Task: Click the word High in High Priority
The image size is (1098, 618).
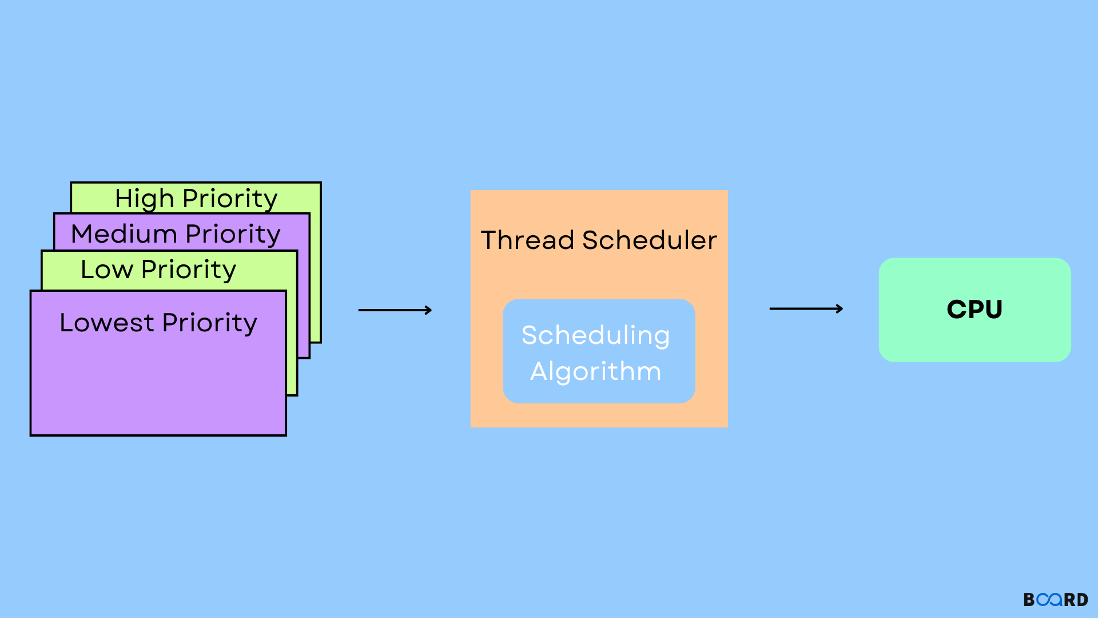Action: point(144,199)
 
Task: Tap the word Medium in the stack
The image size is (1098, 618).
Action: point(124,234)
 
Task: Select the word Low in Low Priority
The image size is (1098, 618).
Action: point(107,270)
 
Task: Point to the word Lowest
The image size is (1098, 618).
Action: point(107,323)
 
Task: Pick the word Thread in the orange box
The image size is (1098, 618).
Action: point(527,240)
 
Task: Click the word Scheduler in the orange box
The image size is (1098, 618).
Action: point(650,240)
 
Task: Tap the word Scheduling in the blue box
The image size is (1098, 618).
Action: point(595,336)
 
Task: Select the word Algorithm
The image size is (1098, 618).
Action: point(595,371)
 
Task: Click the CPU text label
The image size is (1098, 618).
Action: point(974,310)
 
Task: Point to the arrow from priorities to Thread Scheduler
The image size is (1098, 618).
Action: point(395,310)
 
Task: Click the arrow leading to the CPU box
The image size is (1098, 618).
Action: point(806,309)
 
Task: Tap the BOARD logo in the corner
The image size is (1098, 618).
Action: point(1056,600)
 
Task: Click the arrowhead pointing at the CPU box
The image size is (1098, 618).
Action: point(840,309)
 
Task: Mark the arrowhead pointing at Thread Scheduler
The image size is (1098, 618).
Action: point(428,310)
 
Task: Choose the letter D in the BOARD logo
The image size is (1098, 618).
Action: point(1082,600)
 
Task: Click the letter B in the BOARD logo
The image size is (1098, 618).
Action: point(1029,600)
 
